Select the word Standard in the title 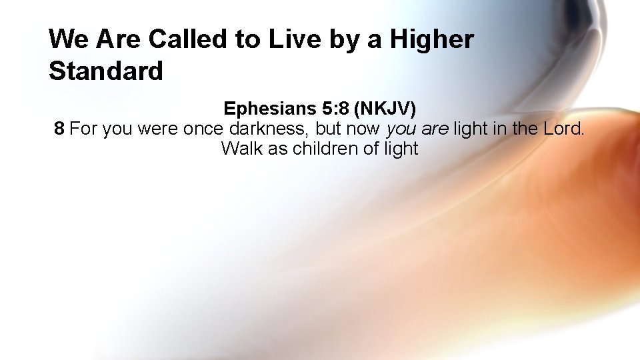coord(106,71)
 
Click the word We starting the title coord(69,39)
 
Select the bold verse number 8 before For coord(59,128)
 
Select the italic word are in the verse coord(435,128)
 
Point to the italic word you coord(401,128)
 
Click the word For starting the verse coord(83,128)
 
